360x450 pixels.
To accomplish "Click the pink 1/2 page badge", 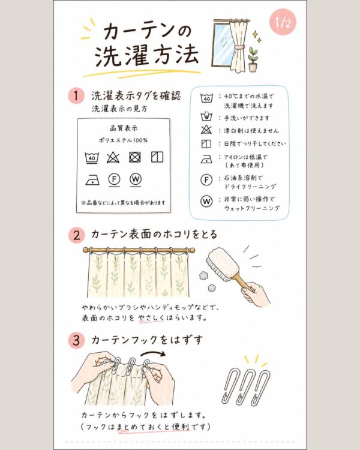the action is pyautogui.click(x=283, y=22).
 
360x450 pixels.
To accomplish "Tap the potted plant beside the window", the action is pyautogui.click(x=253, y=59).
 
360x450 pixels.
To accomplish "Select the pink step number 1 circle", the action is pyautogui.click(x=76, y=95).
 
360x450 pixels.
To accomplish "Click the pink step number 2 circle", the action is pyautogui.click(x=76, y=235).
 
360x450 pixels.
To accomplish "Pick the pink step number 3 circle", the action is pyautogui.click(x=76, y=340).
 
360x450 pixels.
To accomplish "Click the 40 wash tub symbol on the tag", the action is pyautogui.click(x=92, y=158).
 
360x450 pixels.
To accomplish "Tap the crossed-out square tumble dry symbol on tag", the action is pyautogui.click(x=134, y=157).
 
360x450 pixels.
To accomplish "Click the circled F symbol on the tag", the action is pyautogui.click(x=114, y=180).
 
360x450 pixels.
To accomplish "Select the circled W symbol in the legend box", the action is pyautogui.click(x=206, y=201).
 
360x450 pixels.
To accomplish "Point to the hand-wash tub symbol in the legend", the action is pyautogui.click(x=206, y=117).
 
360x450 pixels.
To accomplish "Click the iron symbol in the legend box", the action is pyautogui.click(x=206, y=159).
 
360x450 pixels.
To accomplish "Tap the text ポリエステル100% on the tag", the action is pyautogui.click(x=123, y=140).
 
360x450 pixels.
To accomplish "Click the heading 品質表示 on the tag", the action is pyautogui.click(x=124, y=128).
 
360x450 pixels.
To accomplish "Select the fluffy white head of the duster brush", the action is pyautogui.click(x=220, y=262).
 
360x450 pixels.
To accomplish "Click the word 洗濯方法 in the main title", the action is pyautogui.click(x=146, y=55).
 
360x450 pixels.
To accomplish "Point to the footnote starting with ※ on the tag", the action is pyautogui.click(x=123, y=203).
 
